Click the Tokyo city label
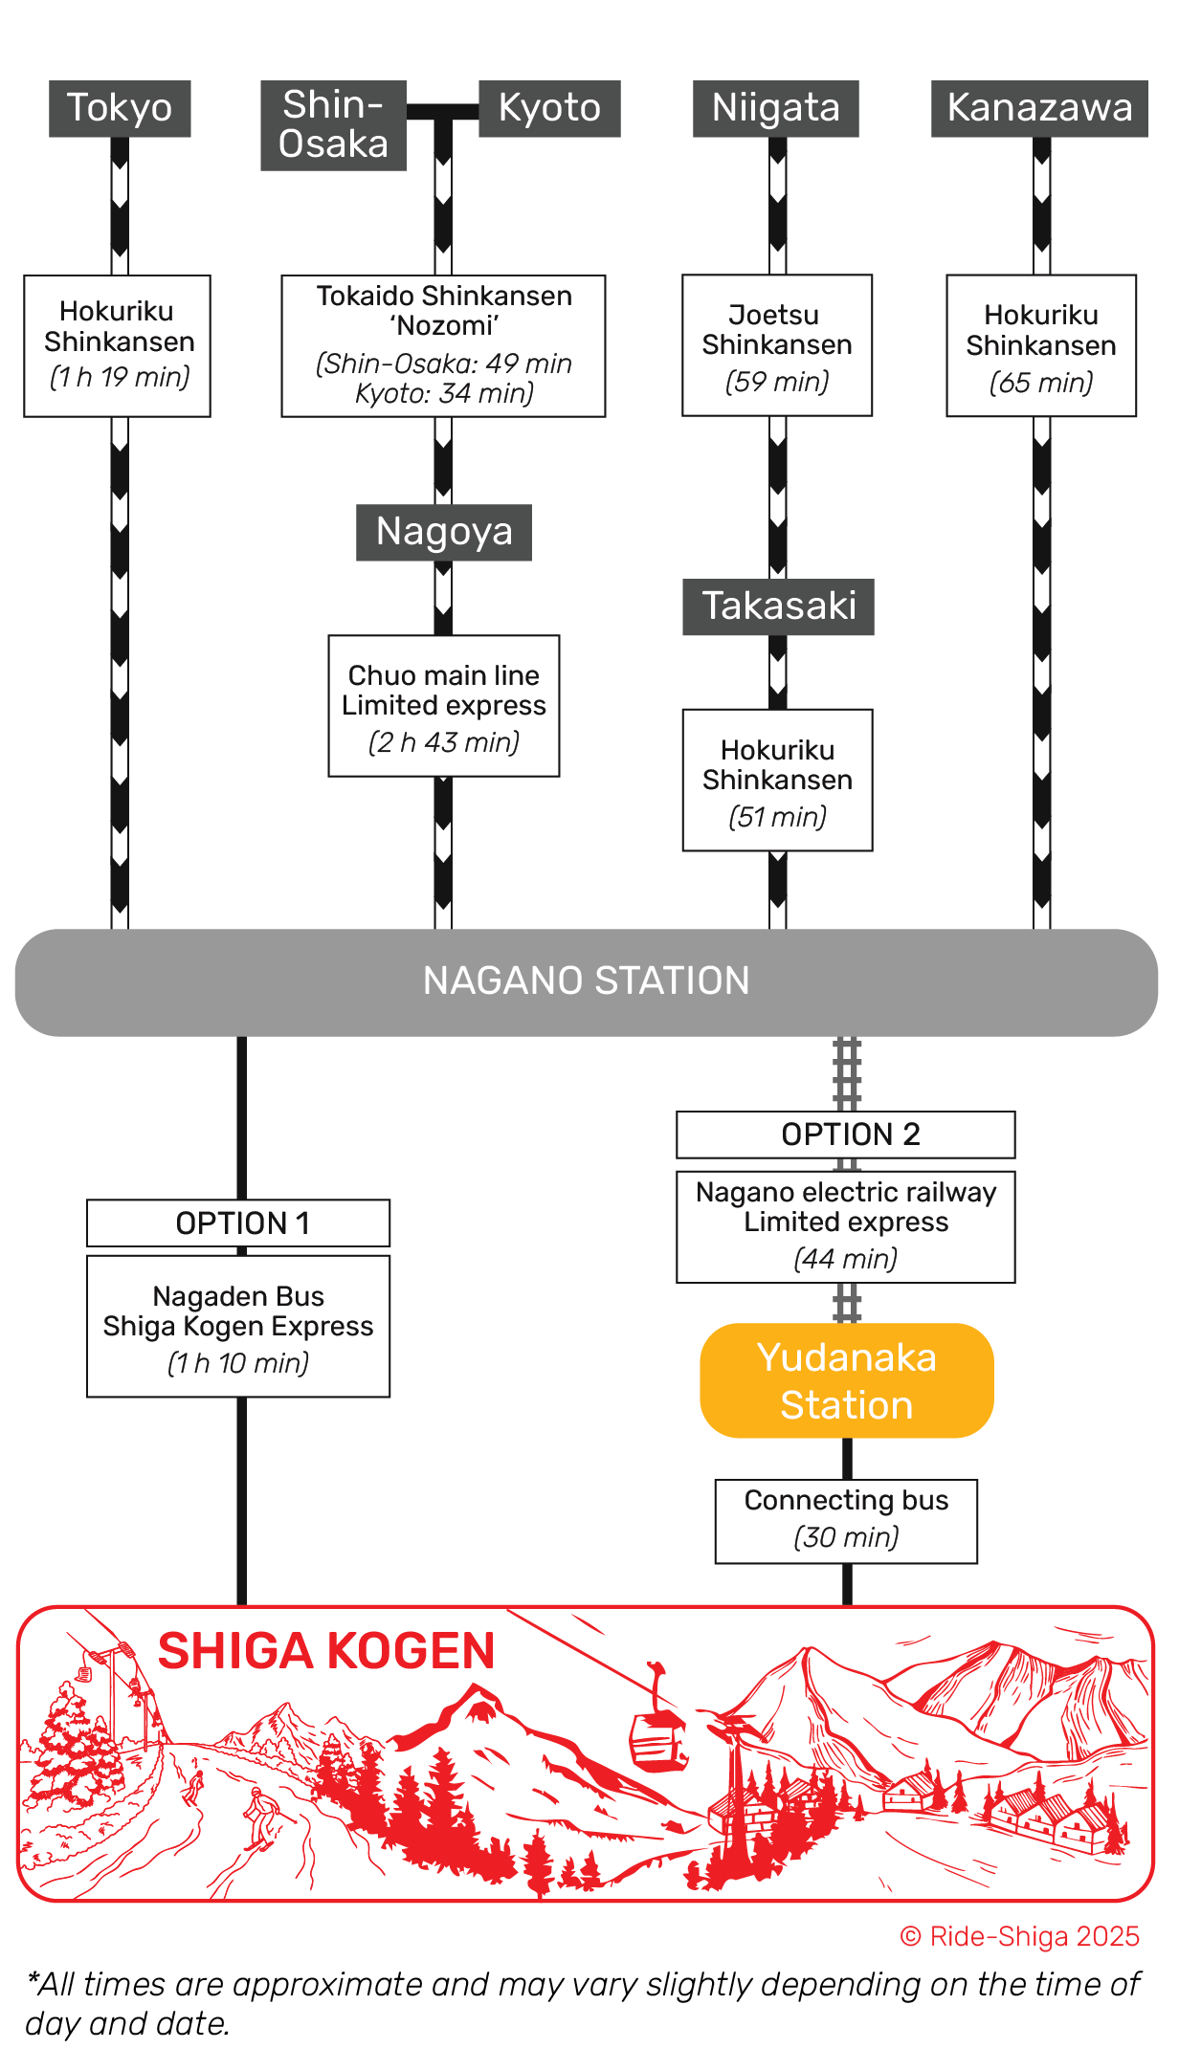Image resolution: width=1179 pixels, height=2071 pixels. point(120,108)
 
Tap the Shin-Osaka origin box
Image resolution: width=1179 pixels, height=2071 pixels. point(333,125)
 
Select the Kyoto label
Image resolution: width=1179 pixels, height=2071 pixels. point(549,108)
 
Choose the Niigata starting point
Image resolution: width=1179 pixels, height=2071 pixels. point(775,108)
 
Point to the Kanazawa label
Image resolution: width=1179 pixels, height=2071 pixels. point(1039,108)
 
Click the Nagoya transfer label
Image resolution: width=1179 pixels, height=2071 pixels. point(444,532)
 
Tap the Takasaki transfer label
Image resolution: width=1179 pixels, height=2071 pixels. point(778,606)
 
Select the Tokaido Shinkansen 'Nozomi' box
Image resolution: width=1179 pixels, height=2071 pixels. point(443,345)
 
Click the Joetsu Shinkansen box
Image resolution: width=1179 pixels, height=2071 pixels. point(777,345)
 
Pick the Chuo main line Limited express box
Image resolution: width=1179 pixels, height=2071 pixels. point(444,705)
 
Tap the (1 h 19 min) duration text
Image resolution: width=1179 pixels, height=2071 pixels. point(120,377)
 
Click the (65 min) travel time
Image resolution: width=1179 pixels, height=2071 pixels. point(1041,383)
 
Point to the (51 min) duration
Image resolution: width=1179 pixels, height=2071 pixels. point(777,817)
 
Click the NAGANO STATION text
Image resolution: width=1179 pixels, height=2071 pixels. point(586,981)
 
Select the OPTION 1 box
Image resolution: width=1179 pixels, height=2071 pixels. point(238,1223)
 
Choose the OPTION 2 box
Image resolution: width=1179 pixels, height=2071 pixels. point(846,1135)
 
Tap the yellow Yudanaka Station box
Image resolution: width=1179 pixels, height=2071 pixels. point(847,1380)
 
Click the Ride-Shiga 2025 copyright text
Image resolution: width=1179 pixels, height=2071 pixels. point(1020,1936)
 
